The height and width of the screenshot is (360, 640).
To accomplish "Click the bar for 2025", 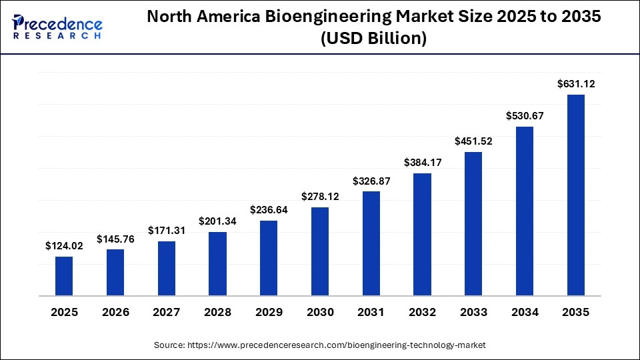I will click(64, 276).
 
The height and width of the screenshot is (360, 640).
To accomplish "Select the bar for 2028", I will click(217, 264).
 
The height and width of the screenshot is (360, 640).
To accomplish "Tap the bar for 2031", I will click(371, 243).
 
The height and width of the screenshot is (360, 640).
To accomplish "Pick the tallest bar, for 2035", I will click(576, 195).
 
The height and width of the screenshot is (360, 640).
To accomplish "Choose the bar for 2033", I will click(473, 223).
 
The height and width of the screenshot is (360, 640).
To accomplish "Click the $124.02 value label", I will click(64, 246).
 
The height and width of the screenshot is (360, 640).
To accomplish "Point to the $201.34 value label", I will click(218, 221).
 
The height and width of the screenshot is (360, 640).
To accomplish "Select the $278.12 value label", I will click(320, 197).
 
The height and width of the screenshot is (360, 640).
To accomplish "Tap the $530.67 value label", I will click(525, 116).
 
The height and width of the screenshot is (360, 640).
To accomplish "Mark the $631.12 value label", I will click(576, 84).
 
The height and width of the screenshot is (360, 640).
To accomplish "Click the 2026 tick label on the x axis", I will click(115, 312).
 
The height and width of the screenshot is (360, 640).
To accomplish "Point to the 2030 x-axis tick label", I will click(320, 312).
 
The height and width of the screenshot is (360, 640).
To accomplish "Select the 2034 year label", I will click(525, 312).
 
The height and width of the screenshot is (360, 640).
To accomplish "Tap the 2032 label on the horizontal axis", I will click(422, 312).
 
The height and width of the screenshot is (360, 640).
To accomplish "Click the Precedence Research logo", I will click(57, 27).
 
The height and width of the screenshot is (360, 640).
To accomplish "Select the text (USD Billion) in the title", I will click(373, 39).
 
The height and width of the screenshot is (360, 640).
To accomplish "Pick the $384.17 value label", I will click(423, 163).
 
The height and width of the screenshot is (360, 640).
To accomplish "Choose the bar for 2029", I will click(269, 258).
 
